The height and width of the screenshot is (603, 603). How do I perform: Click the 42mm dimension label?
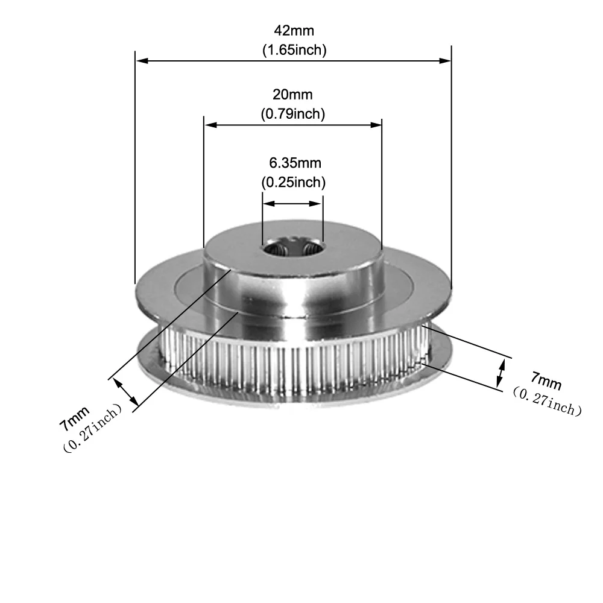coord(294,30)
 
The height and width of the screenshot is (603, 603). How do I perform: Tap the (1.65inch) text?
coord(294,50)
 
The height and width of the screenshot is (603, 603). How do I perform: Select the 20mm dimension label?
coord(293,94)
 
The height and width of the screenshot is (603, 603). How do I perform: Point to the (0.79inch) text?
coord(293,113)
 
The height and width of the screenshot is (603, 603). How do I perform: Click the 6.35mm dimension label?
coord(294,162)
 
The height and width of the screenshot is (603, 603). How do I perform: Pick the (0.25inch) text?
coord(293,181)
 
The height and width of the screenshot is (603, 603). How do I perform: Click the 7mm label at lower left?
coord(74,418)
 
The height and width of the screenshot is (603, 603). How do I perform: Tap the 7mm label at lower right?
coord(546,380)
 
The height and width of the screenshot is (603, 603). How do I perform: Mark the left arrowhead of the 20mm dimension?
coord(210,125)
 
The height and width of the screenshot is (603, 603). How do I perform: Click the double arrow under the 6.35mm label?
coord(293,204)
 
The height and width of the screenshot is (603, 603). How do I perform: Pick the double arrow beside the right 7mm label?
coord(500,371)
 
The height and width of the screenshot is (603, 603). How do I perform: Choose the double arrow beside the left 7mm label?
coord(126,392)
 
